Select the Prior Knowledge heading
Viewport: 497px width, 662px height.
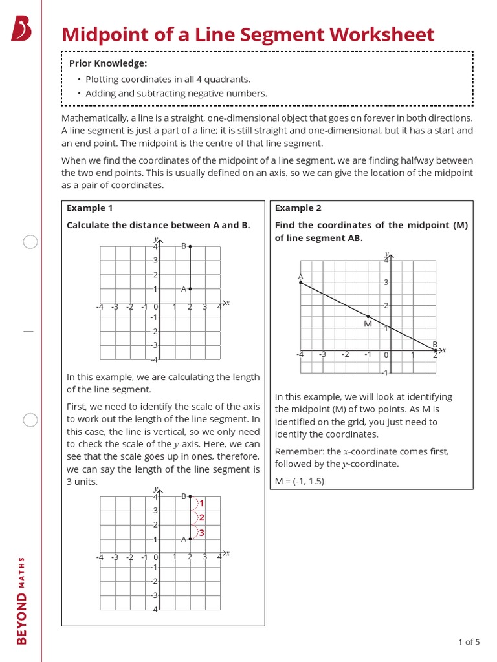tap(108, 63)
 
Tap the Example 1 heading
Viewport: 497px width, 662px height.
tap(90, 208)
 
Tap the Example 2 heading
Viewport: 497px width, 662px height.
tap(298, 208)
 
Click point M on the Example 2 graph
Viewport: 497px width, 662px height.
tap(368, 316)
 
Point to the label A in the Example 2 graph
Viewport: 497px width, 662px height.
tap(300, 276)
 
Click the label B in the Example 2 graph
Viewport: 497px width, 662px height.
tap(435, 344)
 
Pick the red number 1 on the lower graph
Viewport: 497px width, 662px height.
tap(202, 503)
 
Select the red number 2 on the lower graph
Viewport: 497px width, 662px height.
tap(202, 517)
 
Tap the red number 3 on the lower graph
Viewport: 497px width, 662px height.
tap(202, 532)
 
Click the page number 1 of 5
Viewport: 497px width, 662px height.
tap(469, 642)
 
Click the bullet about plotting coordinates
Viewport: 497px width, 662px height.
tap(168, 80)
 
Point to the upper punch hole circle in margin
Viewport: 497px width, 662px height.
tap(30, 242)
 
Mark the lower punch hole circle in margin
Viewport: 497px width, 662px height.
tap(30, 420)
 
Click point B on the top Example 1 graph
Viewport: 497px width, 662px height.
tap(190, 246)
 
